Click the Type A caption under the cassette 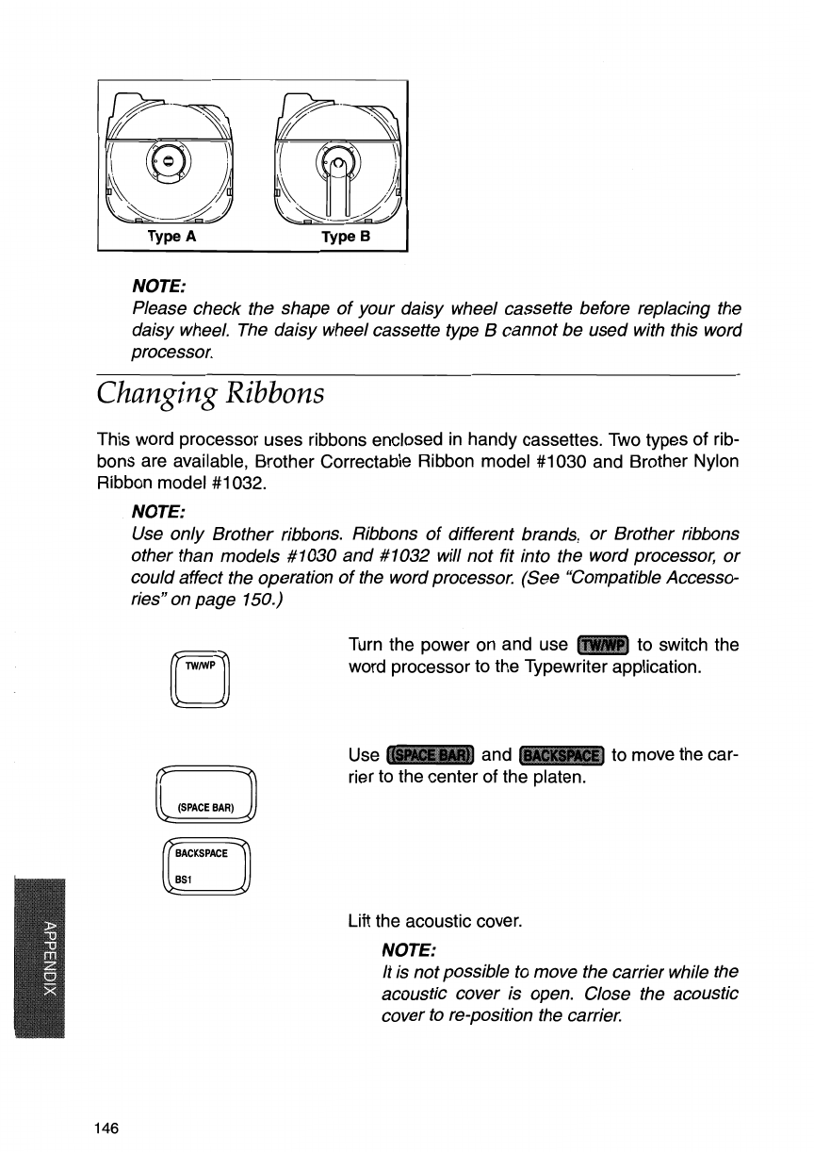171,238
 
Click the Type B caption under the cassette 347,238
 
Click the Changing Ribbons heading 211,391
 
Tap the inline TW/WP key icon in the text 603,646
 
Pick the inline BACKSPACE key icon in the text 561,755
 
